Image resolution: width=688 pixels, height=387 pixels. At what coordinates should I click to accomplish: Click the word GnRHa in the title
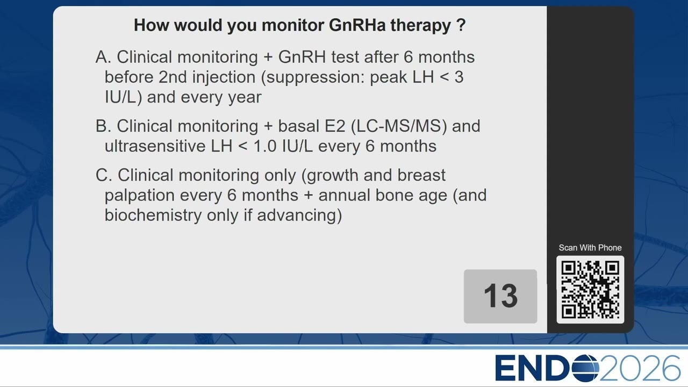click(357, 25)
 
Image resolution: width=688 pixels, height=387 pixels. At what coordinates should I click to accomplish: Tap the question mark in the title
click(461, 25)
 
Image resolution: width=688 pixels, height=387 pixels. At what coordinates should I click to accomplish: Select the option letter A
click(103, 57)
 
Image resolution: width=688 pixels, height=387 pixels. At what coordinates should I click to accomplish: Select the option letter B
click(103, 126)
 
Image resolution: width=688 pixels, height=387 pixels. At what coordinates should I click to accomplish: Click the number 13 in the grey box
click(500, 296)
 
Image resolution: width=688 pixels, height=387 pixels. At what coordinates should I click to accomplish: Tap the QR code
click(590, 289)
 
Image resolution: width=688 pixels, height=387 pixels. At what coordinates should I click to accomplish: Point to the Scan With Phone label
click(590, 248)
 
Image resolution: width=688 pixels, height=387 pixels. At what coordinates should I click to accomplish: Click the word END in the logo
click(533, 368)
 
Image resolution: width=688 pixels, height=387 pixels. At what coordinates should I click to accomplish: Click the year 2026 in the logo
click(640, 368)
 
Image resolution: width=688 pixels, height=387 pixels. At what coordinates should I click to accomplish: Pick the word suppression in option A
click(316, 77)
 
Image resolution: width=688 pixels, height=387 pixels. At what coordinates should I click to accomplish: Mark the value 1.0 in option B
click(265, 146)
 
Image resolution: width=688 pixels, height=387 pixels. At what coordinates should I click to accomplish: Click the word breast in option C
click(421, 175)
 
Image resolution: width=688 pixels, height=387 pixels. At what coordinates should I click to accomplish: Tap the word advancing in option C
click(297, 216)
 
